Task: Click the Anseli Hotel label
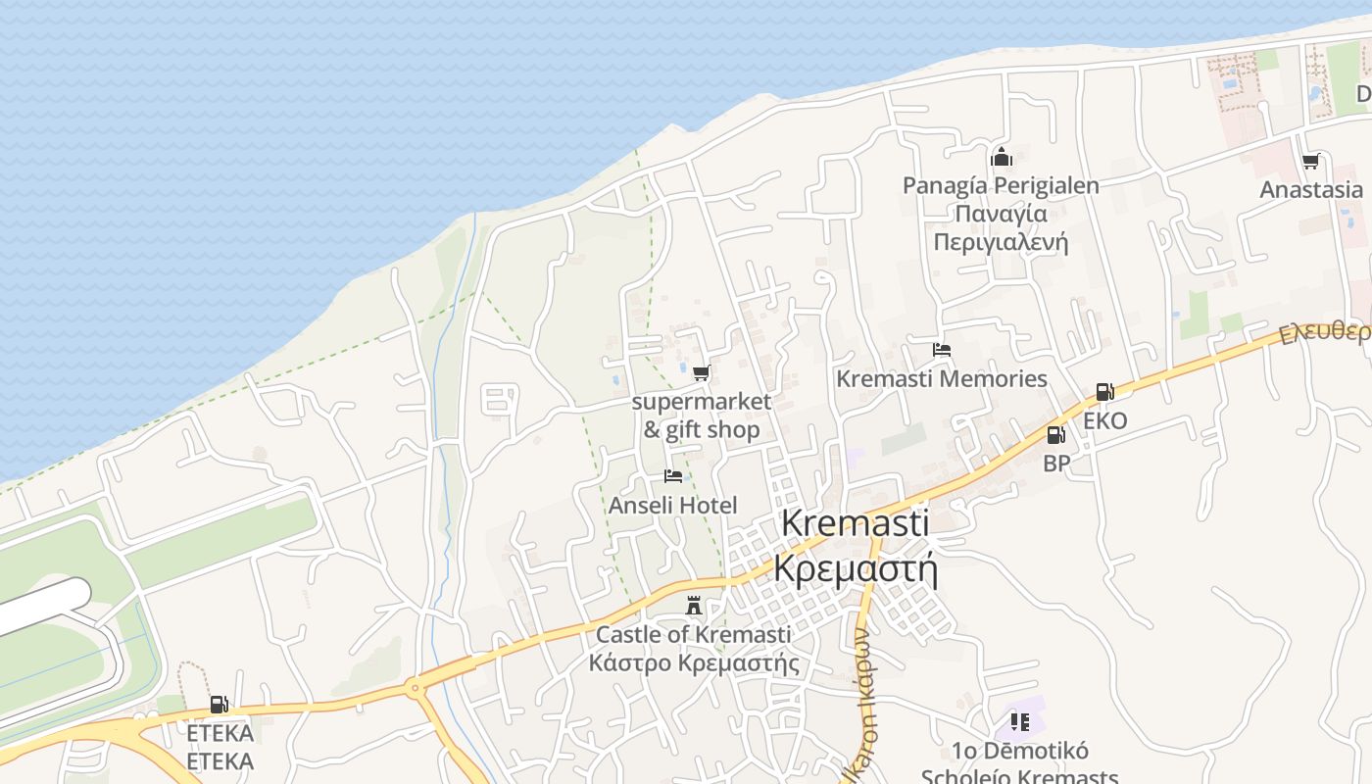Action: tap(672, 506)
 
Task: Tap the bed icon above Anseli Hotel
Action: tap(672, 476)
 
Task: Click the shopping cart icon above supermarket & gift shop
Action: tap(701, 372)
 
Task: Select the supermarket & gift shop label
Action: tap(702, 416)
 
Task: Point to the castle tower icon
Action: tap(694, 607)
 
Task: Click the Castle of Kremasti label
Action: tap(693, 635)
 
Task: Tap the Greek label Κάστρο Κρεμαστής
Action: tap(693, 663)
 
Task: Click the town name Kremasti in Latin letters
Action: tap(855, 523)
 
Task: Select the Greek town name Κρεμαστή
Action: tap(855, 567)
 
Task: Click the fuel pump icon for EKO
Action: tap(1104, 392)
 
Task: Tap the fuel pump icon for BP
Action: tap(1055, 435)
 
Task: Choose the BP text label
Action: tap(1055, 464)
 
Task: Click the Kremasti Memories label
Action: tap(941, 379)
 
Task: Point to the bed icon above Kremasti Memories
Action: tap(941, 350)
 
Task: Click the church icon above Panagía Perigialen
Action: tap(1001, 157)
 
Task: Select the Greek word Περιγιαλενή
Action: tap(1001, 242)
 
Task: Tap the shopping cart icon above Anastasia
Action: tap(1310, 161)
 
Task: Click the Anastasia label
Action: tap(1310, 190)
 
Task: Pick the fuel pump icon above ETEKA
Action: tap(220, 704)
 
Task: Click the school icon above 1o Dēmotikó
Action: tap(1019, 722)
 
